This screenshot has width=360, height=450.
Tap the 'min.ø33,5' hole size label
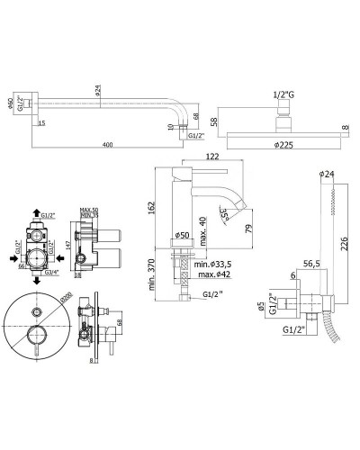212,265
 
